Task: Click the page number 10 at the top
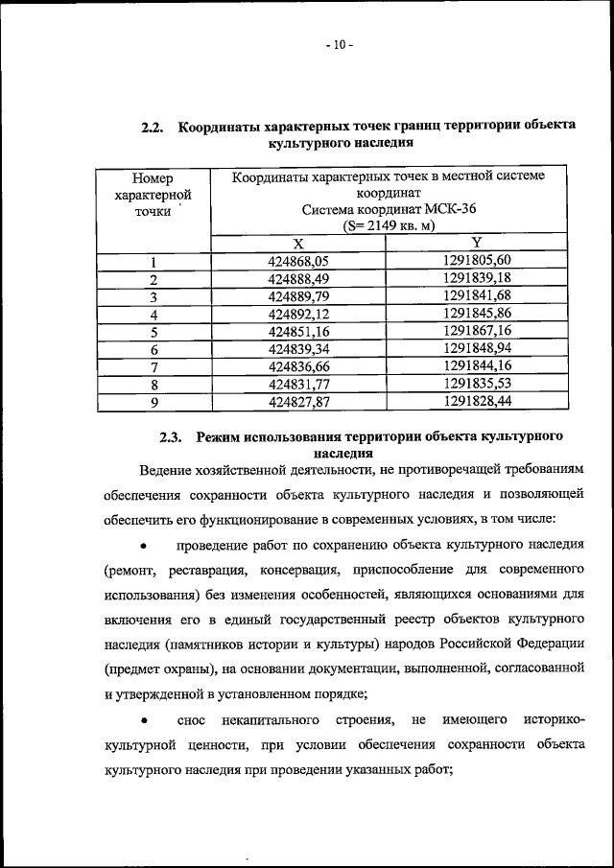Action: point(339,44)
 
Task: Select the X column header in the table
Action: point(298,244)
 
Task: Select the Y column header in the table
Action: point(477,244)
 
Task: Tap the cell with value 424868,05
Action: point(298,261)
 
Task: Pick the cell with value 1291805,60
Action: point(477,261)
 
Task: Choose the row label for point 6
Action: point(153,350)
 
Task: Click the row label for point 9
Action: point(153,403)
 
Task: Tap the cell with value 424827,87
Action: point(298,403)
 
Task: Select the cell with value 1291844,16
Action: point(477,366)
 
